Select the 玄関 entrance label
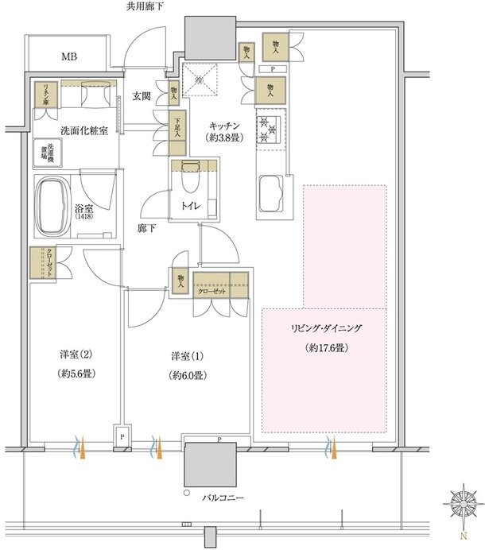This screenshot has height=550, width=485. pos(142,96)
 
